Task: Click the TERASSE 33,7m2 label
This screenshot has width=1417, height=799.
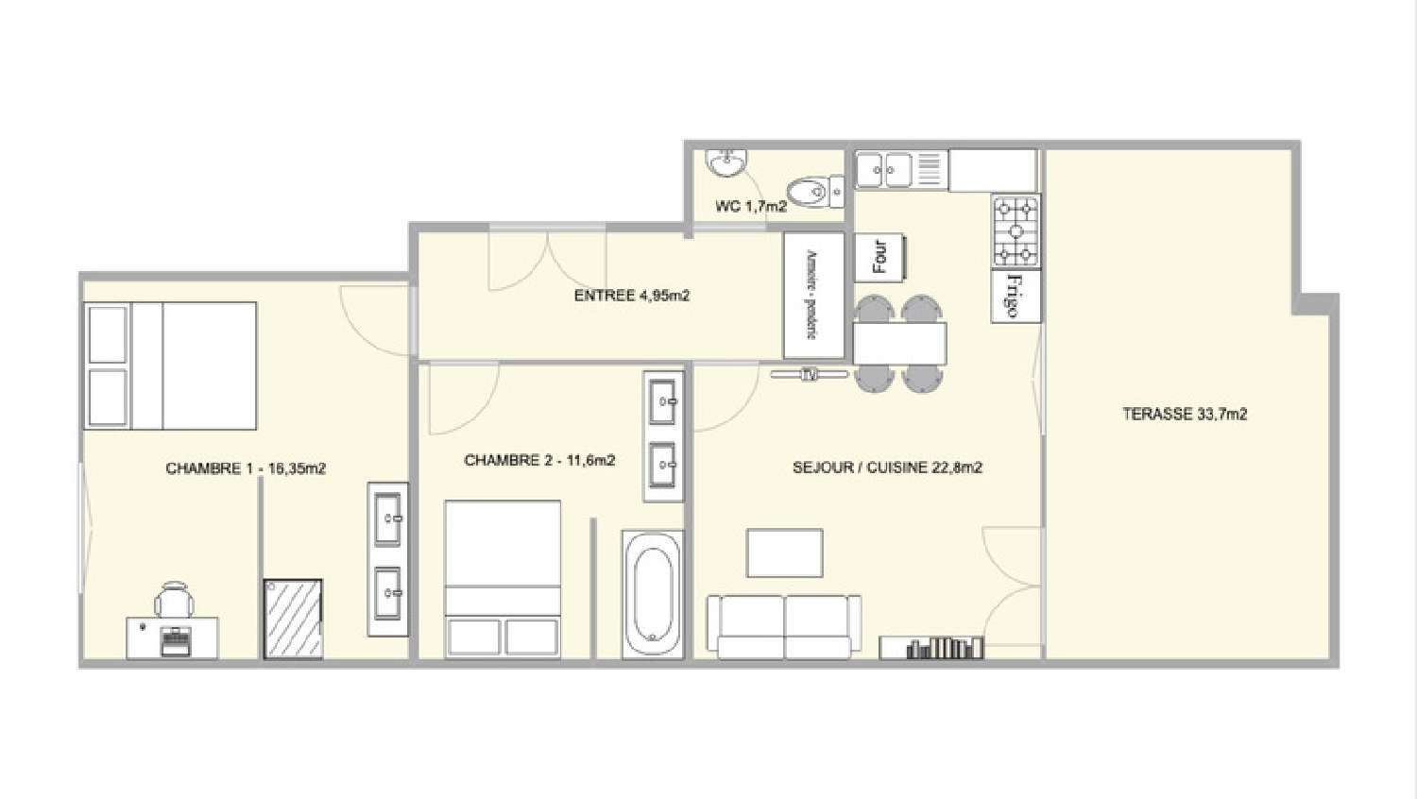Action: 1185,414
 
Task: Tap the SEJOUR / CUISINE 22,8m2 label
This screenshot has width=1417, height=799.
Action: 887,467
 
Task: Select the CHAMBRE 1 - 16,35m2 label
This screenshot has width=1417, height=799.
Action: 246,468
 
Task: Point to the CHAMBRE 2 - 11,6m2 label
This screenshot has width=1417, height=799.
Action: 539,461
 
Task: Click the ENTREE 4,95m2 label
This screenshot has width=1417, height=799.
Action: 632,296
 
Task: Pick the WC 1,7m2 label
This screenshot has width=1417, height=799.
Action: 751,206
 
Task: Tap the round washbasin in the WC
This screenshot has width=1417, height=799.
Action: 727,163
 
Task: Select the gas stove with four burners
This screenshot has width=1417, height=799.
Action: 1016,231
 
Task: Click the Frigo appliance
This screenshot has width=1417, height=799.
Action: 1016,297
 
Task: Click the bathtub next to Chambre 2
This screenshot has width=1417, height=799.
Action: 653,594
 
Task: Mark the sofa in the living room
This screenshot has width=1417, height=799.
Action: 784,625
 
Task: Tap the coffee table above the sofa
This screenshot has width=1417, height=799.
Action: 784,552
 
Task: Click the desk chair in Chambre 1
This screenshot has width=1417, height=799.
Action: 174,601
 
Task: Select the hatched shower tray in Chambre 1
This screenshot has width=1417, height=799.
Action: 293,619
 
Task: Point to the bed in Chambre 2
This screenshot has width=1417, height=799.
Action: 503,578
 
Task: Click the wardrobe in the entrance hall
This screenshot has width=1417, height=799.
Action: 813,296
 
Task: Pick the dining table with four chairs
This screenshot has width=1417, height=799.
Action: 898,344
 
